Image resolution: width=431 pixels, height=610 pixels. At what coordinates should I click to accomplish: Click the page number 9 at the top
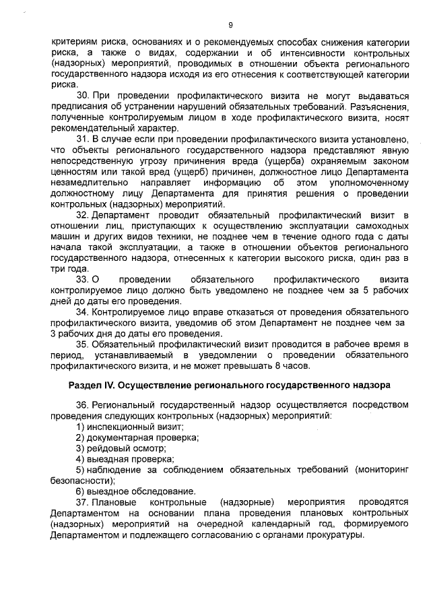coord(230,25)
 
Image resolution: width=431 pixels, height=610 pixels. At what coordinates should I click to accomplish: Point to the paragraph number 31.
coord(81,140)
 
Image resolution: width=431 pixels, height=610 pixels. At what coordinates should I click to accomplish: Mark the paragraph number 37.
coord(81,502)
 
